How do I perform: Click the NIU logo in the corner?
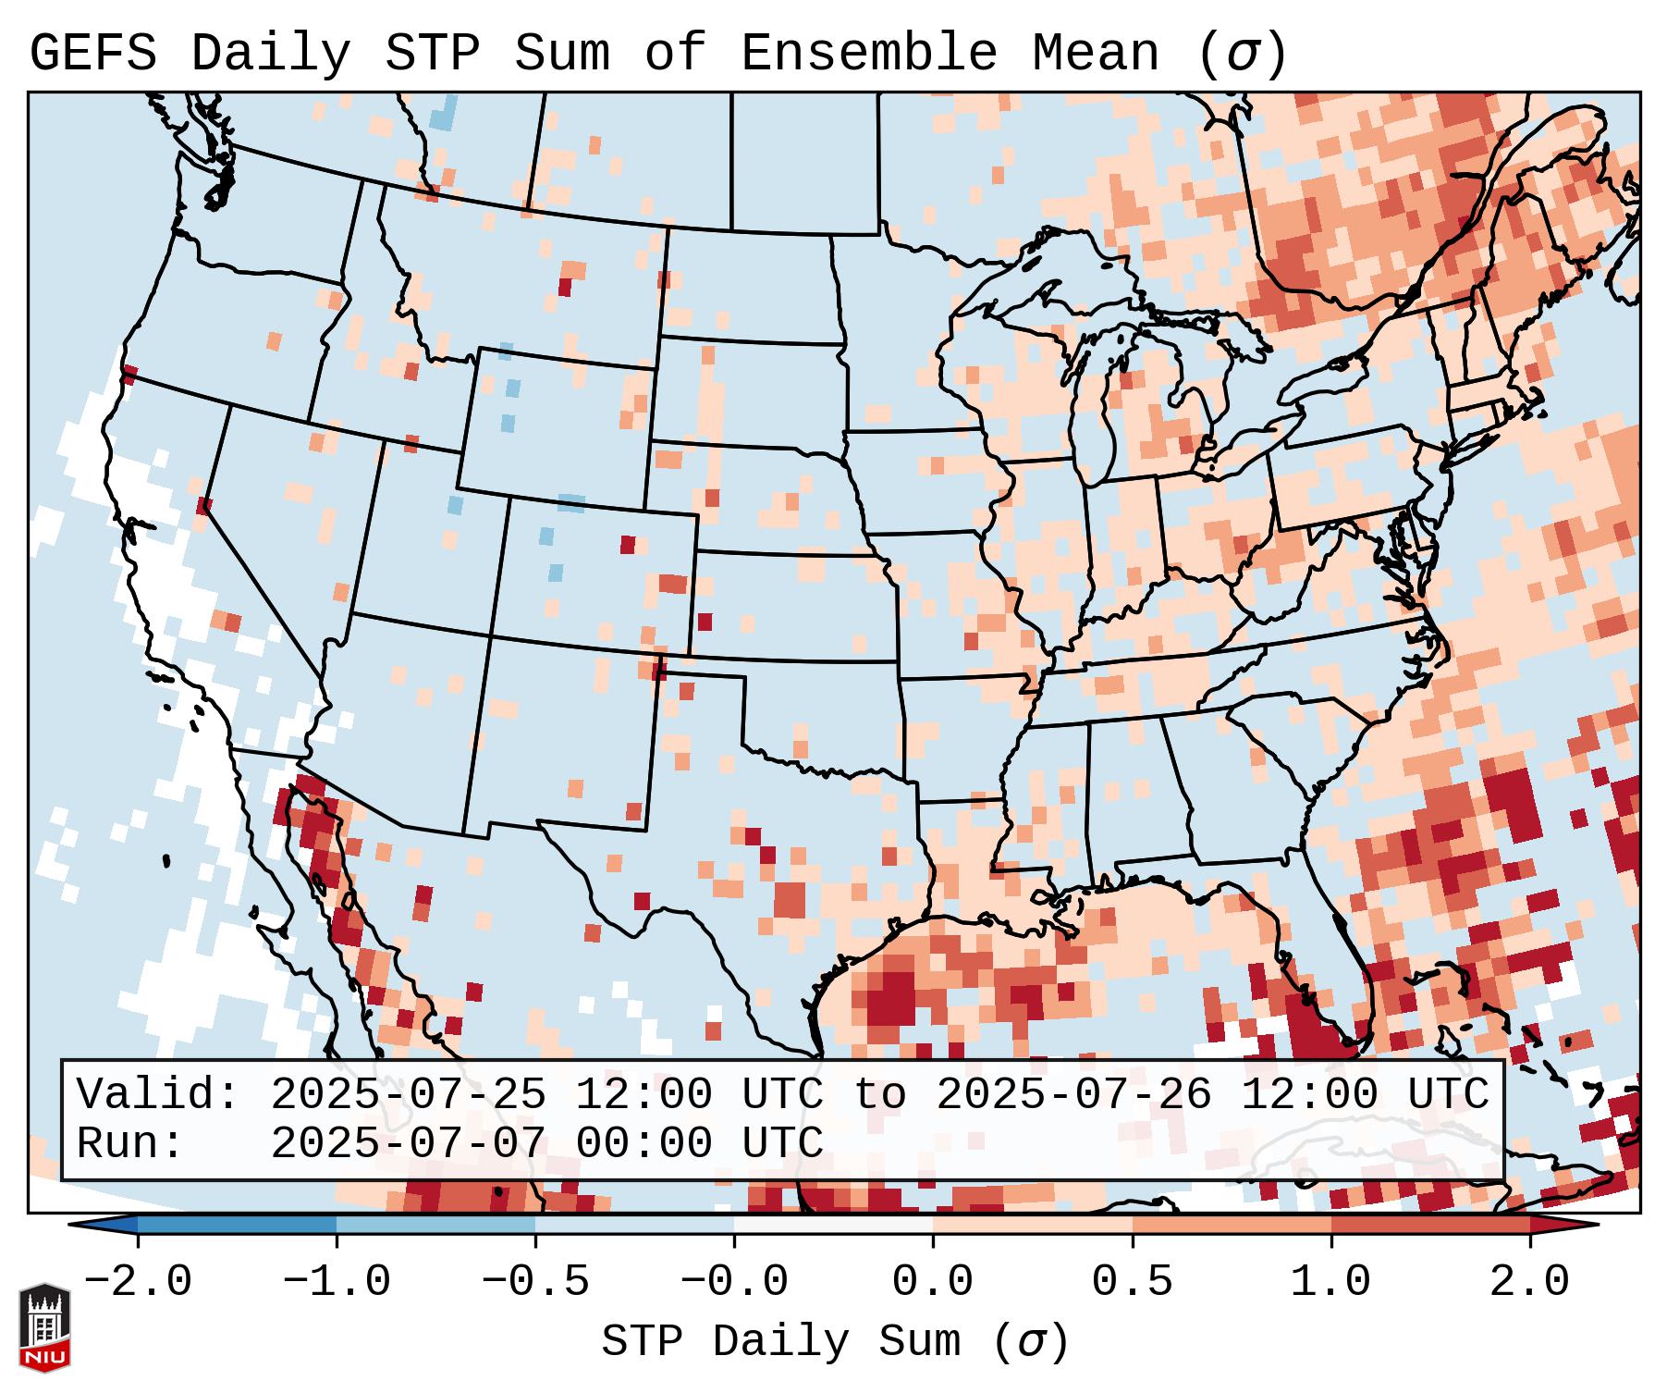pyautogui.click(x=44, y=1327)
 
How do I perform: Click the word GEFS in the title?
pyautogui.click(x=92, y=54)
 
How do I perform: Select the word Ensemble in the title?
pyautogui.click(x=868, y=54)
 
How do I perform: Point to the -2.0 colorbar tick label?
pyautogui.click(x=138, y=1282)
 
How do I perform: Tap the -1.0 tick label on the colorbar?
pyautogui.click(x=337, y=1282)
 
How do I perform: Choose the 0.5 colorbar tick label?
pyautogui.click(x=1132, y=1282)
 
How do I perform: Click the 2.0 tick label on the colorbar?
pyautogui.click(x=1529, y=1282)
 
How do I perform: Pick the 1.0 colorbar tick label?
pyautogui.click(x=1330, y=1282)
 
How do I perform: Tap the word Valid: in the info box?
pyautogui.click(x=158, y=1094)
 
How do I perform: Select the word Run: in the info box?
pyautogui.click(x=130, y=1143)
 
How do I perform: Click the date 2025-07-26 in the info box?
pyautogui.click(x=1073, y=1094)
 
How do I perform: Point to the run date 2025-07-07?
pyautogui.click(x=408, y=1143)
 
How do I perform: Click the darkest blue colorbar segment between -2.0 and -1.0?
pyautogui.click(x=237, y=1225)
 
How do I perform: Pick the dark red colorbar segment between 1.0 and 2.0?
pyautogui.click(x=1429, y=1225)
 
